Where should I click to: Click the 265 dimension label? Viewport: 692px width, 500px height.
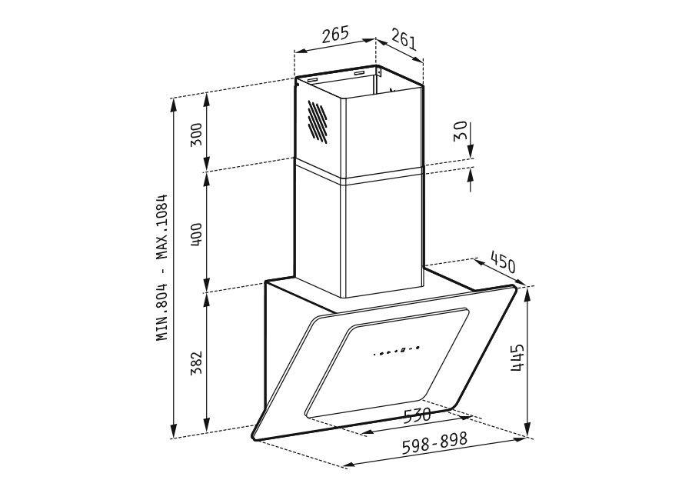(335, 35)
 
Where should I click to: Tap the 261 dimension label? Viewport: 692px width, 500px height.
(404, 39)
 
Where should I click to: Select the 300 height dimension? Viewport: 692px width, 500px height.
(196, 135)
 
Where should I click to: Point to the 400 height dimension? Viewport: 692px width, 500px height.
(196, 235)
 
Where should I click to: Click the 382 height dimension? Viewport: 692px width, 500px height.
(196, 362)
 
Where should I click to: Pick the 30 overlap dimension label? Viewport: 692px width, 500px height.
(460, 132)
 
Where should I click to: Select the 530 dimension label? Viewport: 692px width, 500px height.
(418, 415)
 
